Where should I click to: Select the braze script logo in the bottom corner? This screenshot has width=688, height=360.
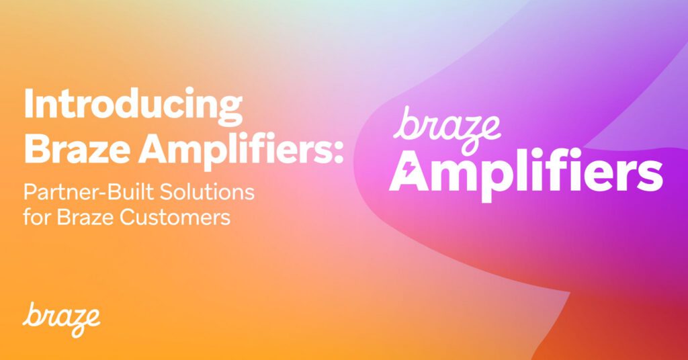61,319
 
